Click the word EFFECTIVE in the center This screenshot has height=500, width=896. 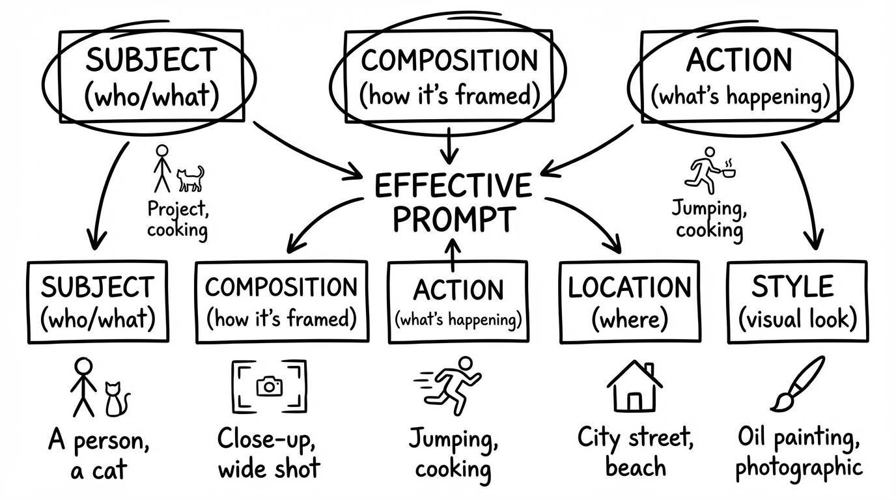point(453,186)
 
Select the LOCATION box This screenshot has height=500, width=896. point(629,301)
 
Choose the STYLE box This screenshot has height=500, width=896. point(796,301)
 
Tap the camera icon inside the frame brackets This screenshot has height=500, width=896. point(269,386)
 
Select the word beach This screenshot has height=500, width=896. point(635,467)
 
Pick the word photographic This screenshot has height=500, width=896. point(799,467)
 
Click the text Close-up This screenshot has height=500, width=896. point(266,439)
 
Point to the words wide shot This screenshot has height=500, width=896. point(269,468)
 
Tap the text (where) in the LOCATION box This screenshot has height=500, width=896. point(629,319)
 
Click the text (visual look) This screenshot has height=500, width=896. point(797,319)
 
